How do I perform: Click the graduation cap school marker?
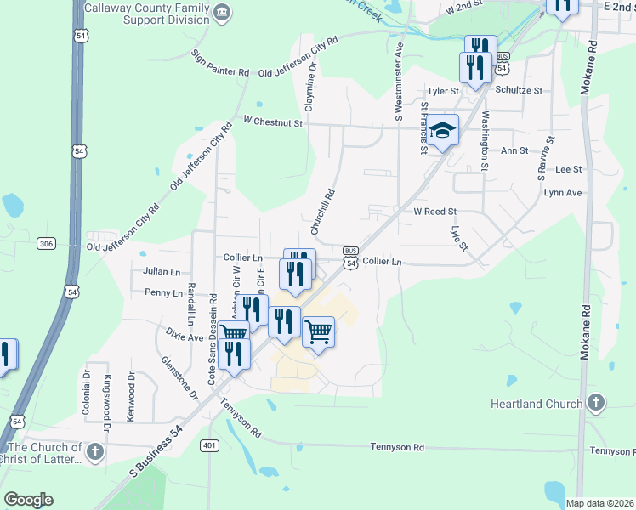point(442,131)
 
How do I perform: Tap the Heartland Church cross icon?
point(596,403)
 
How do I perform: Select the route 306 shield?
point(47,244)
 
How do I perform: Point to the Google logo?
point(28,500)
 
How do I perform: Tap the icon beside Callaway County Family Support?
point(222,12)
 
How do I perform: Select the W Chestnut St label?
point(273,123)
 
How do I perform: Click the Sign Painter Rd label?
point(220,63)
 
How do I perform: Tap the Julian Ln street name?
point(162,272)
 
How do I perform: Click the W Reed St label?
point(434,212)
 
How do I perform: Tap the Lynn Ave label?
point(562,193)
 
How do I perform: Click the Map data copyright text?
point(600,503)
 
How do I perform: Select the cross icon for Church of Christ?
point(94,451)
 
